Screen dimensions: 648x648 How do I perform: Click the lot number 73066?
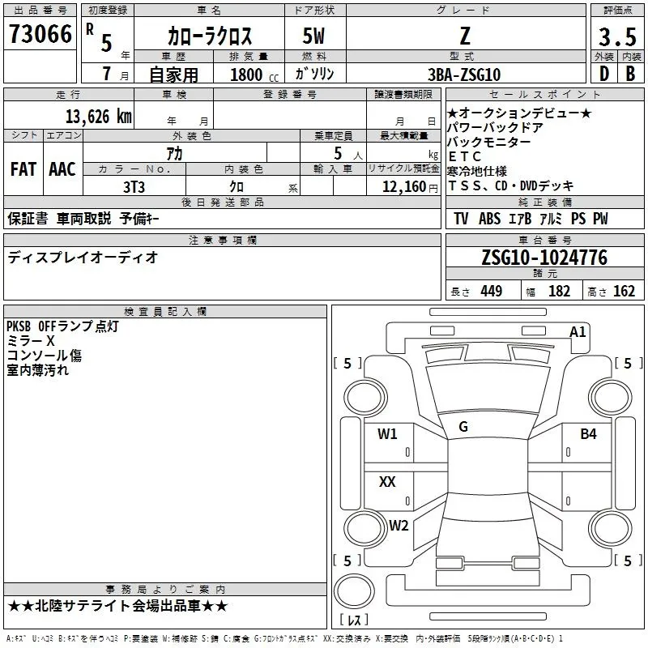[40, 35]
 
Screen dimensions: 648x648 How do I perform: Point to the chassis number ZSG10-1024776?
[544, 258]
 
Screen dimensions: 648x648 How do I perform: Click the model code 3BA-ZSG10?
[464, 75]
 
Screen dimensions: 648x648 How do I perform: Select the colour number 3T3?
[134, 185]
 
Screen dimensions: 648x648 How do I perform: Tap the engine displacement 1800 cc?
[247, 75]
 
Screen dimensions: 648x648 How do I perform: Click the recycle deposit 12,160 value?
[403, 186]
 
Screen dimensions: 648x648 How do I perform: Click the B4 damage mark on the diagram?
[588, 435]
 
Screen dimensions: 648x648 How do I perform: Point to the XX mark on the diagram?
[387, 482]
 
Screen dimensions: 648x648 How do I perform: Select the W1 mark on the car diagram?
[387, 434]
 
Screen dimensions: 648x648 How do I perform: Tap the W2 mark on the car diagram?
[398, 525]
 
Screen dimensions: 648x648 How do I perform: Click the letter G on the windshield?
[463, 427]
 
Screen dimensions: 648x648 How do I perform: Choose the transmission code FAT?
[23, 169]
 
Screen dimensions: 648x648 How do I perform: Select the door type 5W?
[315, 36]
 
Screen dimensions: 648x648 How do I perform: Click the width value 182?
[559, 292]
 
